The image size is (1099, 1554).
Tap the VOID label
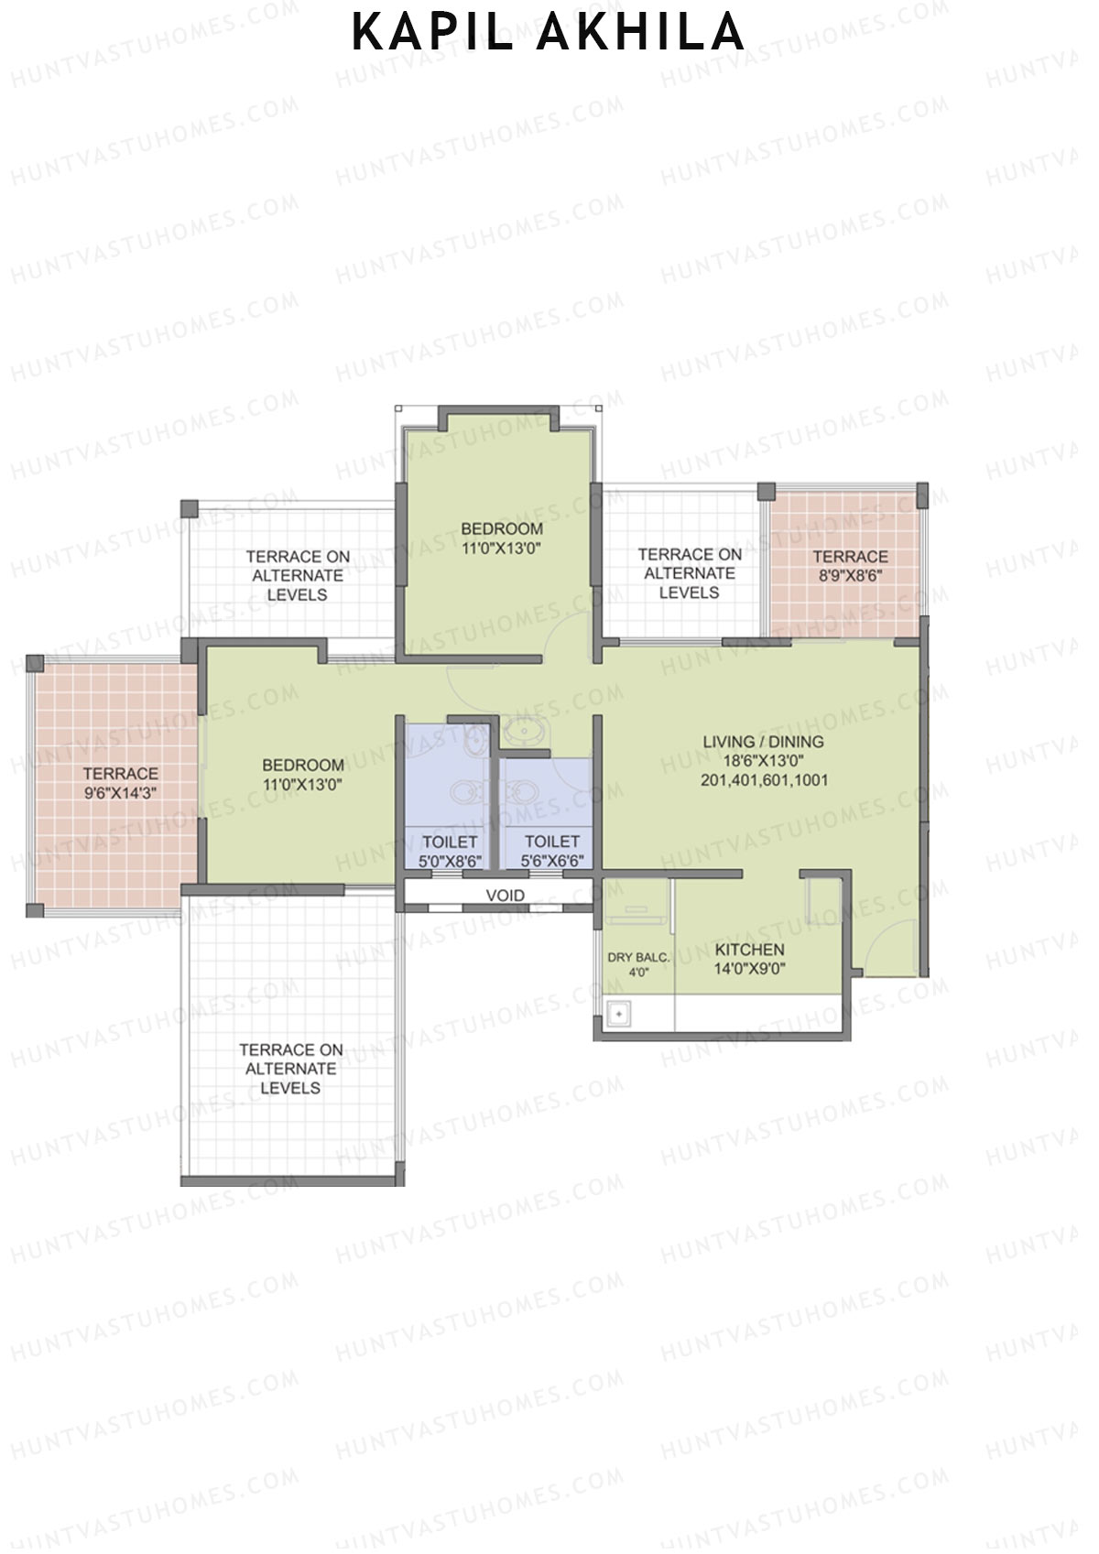click(506, 895)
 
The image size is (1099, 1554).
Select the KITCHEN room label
click(749, 950)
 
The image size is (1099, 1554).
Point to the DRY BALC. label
click(638, 958)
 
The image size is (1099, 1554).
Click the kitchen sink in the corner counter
click(619, 1015)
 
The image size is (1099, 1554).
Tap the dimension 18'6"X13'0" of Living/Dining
click(763, 761)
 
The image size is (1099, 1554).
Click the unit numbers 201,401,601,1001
click(764, 780)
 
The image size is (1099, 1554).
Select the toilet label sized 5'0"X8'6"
click(450, 851)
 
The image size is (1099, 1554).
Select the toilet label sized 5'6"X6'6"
click(551, 851)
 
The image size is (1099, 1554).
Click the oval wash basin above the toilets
click(524, 732)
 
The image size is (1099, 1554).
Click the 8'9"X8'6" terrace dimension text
click(849, 576)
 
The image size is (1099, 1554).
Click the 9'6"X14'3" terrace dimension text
click(120, 793)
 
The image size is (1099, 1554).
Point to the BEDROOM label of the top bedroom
click(502, 528)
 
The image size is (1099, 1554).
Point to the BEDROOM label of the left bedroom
click(303, 765)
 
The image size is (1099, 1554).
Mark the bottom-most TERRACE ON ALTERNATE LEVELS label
click(290, 1069)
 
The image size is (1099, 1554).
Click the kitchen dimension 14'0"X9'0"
click(749, 969)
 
